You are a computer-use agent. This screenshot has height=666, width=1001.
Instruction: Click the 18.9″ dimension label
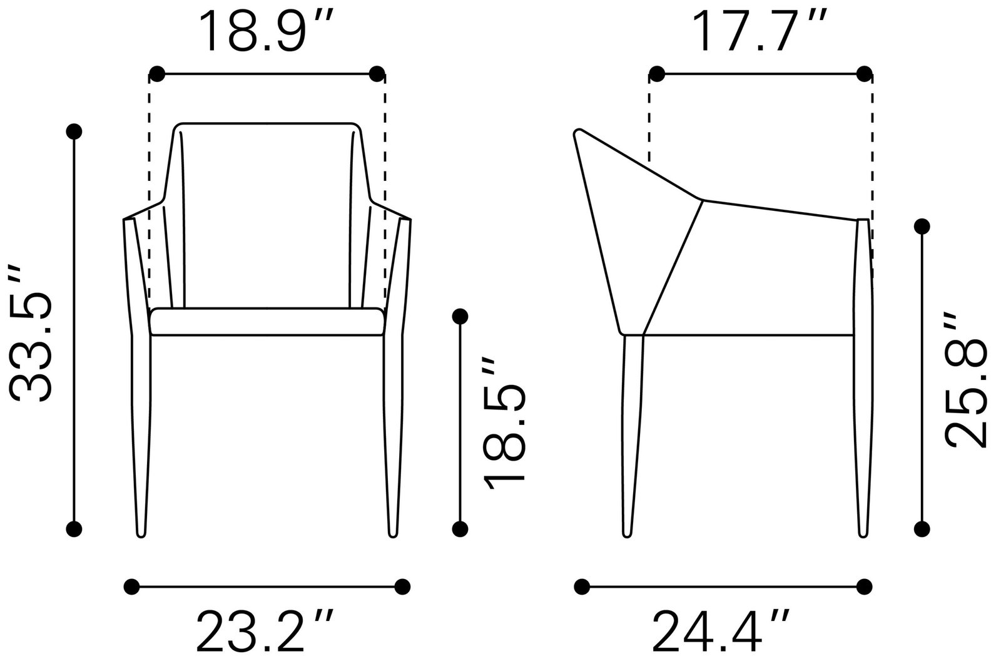click(266, 31)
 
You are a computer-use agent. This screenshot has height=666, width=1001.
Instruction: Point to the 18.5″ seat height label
click(504, 424)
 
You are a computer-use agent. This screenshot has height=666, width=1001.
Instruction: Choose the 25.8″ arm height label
click(965, 380)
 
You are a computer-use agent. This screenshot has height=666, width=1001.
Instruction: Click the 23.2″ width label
click(265, 631)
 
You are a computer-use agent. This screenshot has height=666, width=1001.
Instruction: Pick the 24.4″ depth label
click(721, 631)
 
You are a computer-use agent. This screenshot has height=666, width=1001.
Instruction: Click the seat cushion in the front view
click(267, 321)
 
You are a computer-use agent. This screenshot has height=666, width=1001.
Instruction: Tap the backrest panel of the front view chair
click(267, 215)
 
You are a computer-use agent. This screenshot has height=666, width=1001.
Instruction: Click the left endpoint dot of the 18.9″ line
click(157, 74)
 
